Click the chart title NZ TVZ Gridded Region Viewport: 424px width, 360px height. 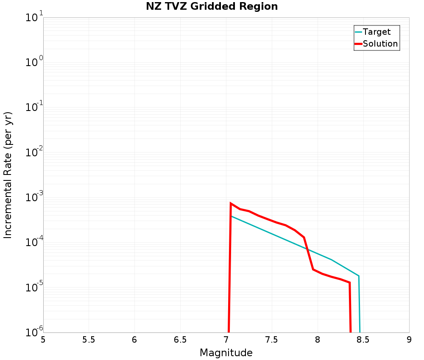212,7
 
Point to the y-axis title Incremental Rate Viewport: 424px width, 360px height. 8,175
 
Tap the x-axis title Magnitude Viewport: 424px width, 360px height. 226,353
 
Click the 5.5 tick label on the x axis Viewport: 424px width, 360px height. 89,340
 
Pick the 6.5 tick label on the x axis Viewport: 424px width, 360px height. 180,340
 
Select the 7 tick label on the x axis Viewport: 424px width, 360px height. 226,340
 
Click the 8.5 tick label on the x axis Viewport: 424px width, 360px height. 363,340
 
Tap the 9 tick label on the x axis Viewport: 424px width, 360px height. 409,340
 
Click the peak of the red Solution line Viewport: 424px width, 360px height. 231,203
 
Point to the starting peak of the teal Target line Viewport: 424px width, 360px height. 232,216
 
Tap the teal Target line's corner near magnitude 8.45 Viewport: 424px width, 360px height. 359,276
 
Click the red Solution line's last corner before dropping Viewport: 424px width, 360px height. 349,282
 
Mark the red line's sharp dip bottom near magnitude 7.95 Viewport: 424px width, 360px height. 313,269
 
